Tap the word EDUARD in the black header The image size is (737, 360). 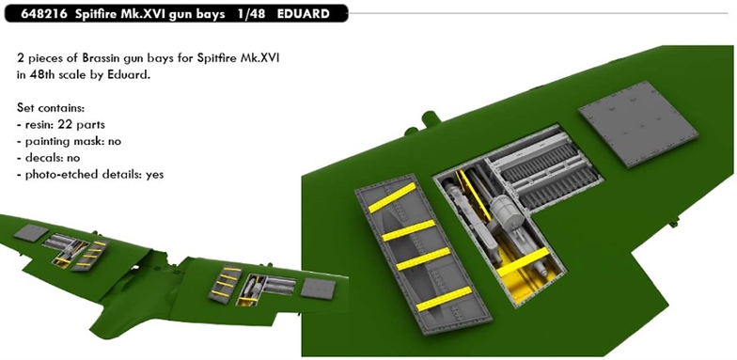coord(303,13)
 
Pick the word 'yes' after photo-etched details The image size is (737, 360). coord(154,175)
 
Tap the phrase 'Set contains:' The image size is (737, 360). coord(51,108)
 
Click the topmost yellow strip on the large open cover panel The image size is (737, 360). coord(393,197)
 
